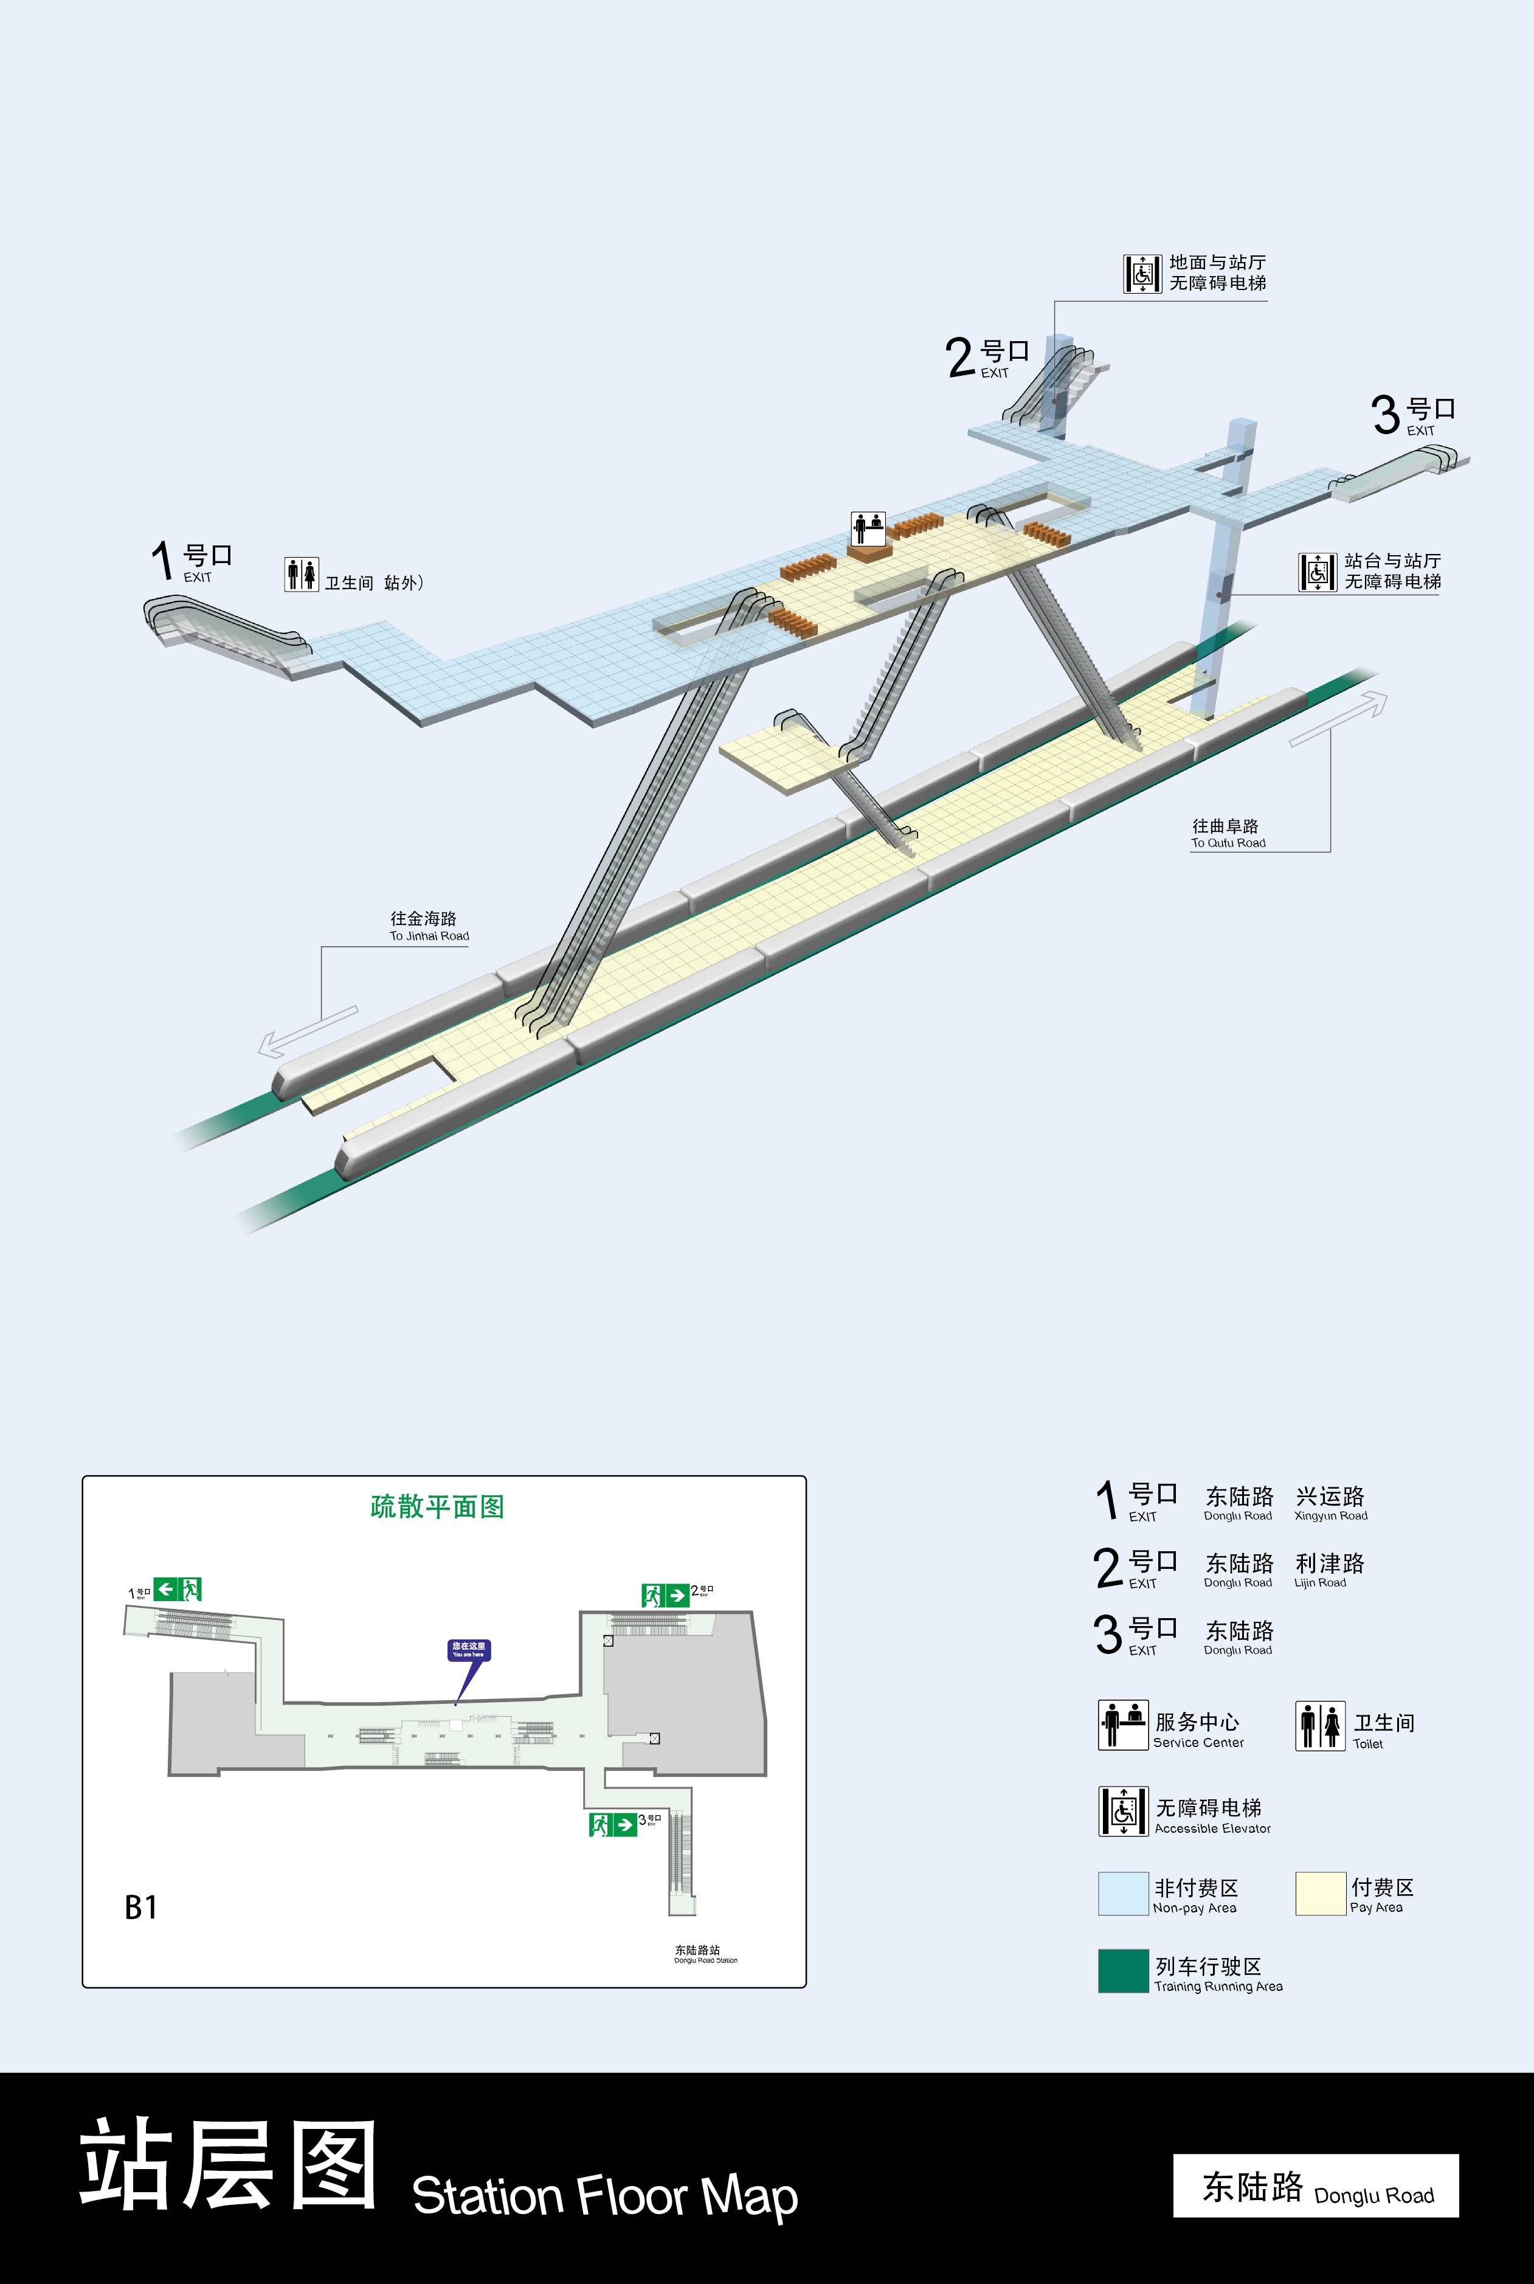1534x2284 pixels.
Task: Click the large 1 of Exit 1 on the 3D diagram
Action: click(x=162, y=561)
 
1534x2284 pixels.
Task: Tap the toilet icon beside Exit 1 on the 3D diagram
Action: click(x=302, y=574)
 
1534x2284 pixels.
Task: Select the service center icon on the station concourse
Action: click(x=868, y=528)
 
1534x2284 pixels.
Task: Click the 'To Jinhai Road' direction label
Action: click(x=429, y=926)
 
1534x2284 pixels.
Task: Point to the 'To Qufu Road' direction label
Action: click(x=1228, y=833)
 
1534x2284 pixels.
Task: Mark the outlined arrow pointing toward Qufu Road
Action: click(x=1338, y=718)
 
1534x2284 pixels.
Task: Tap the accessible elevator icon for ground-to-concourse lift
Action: click(x=1142, y=273)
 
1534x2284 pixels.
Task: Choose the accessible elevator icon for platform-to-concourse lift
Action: click(x=1317, y=571)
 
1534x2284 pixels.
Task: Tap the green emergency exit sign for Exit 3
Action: click(x=612, y=1824)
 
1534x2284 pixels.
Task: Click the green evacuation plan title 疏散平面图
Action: click(x=437, y=1506)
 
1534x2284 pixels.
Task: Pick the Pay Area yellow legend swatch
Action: click(x=1320, y=1894)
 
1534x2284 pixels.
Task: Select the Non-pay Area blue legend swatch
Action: click(x=1122, y=1894)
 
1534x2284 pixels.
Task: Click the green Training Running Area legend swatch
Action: click(x=1122, y=1971)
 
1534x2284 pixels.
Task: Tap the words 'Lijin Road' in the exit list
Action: click(x=1320, y=1583)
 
